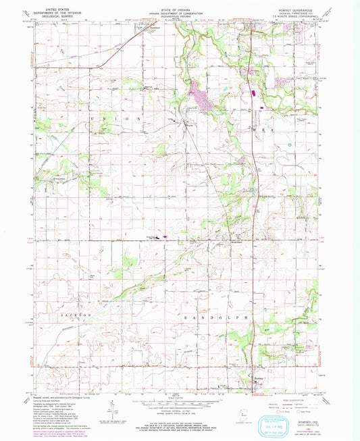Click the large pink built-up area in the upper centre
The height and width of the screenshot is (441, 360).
pos(201,95)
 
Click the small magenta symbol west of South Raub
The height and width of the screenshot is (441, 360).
pos(160,237)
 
